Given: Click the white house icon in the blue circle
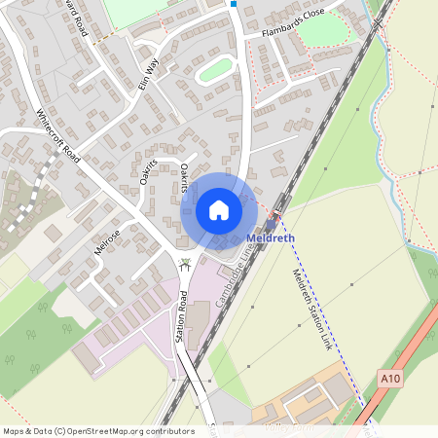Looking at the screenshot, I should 219,210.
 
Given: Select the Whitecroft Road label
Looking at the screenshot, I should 61,136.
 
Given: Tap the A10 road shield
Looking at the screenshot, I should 390,378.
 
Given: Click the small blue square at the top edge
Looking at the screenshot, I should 234,4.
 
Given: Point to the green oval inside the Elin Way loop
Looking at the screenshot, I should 215,70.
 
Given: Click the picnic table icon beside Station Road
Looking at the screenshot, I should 185,263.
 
